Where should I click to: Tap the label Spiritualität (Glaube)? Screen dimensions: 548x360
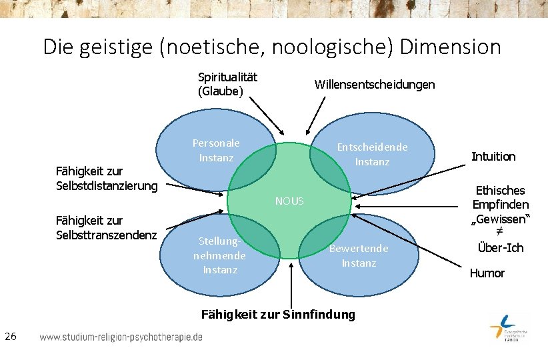[x=227, y=84]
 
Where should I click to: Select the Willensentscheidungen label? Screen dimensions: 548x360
[x=374, y=85]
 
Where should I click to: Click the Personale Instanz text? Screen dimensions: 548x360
[x=216, y=150]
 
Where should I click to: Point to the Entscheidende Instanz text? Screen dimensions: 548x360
[x=372, y=154]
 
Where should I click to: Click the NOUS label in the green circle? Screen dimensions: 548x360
[x=289, y=201]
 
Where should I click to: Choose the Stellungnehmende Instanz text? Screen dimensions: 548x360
[x=219, y=255]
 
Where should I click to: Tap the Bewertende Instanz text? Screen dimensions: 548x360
[x=359, y=255]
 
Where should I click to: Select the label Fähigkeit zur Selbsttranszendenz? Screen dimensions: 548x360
[x=107, y=227]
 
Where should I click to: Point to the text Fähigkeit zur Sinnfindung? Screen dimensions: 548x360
[x=278, y=314]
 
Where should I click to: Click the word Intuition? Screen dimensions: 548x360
[x=493, y=157]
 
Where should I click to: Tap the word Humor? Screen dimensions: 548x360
[x=487, y=273]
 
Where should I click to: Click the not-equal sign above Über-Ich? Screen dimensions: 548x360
[x=499, y=233]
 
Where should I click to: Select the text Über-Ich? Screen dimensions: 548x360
[x=501, y=248]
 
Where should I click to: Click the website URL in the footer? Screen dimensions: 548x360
[x=121, y=337]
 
